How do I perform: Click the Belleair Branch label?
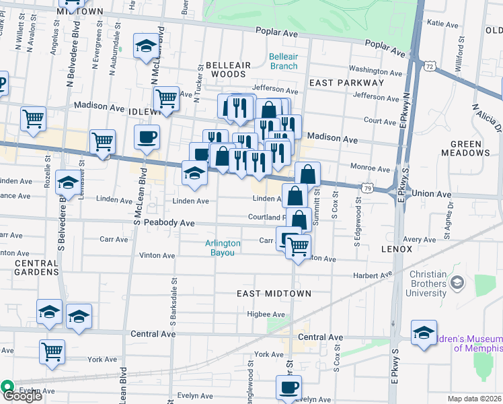[283, 61]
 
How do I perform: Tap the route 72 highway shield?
[430, 66]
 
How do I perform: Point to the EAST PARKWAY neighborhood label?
[346, 83]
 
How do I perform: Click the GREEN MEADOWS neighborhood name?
[471, 148]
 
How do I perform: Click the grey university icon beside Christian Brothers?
[459, 283]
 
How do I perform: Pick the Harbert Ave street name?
[373, 275]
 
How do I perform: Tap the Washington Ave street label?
[375, 70]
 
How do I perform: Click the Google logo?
[22, 397]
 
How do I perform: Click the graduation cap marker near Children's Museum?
[424, 333]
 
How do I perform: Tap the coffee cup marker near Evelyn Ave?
[288, 388]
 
